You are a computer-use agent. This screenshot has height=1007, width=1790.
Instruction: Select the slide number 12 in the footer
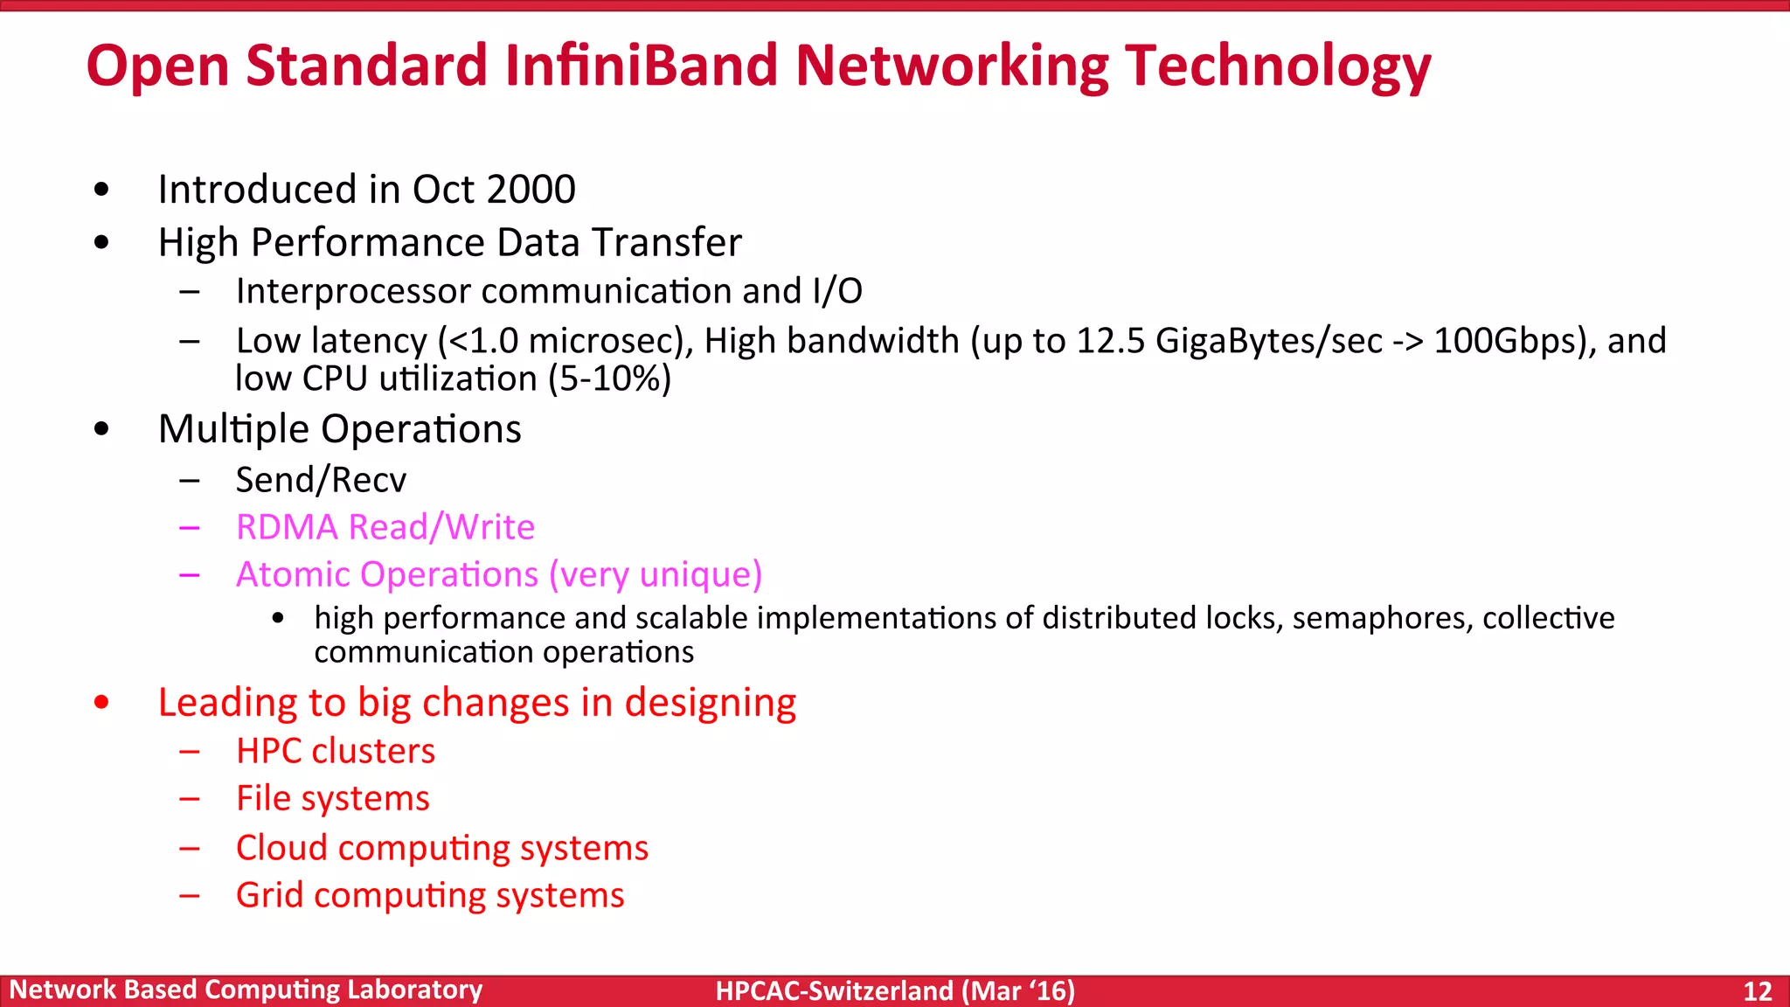(1757, 990)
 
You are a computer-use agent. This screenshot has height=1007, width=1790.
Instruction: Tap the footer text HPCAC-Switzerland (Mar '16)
(895, 990)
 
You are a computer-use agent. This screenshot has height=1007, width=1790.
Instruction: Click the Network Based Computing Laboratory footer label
(246, 990)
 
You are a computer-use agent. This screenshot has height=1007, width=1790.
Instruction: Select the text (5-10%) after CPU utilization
(609, 379)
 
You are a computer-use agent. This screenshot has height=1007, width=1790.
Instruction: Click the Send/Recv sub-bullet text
(321, 480)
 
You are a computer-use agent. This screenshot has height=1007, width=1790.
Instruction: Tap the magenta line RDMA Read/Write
(385, 527)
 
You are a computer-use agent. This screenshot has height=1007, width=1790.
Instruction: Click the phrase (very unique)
(656, 574)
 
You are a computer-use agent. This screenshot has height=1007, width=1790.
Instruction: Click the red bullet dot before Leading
(102, 702)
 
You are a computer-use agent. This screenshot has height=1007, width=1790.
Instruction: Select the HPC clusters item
(335, 751)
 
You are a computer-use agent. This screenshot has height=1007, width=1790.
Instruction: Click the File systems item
(332, 798)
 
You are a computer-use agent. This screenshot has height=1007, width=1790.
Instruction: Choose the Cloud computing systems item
(441, 848)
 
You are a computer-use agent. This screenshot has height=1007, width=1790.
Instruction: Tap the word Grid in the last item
(269, 895)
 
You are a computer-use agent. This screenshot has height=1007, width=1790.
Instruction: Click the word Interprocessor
(353, 291)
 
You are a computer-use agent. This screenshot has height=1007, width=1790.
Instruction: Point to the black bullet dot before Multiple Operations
(102, 429)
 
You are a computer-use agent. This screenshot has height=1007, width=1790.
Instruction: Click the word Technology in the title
(1277, 66)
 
